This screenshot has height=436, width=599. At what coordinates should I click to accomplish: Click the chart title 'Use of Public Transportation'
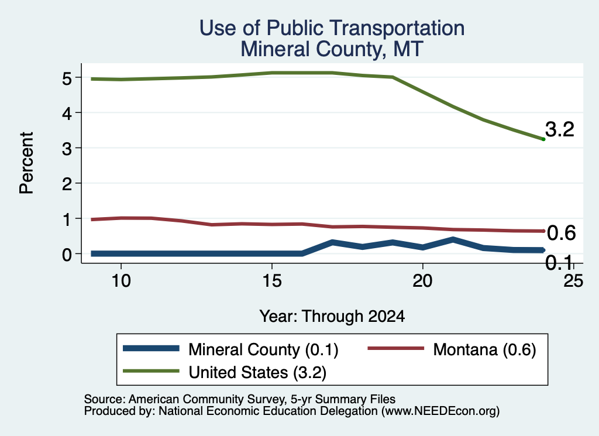[332, 28]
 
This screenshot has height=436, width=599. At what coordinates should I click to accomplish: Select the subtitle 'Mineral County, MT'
[332, 49]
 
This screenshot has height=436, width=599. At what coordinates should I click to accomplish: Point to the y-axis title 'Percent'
[27, 163]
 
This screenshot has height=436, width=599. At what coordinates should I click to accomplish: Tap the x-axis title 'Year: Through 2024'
[332, 317]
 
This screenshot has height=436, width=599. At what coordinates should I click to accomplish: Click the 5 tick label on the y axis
[67, 78]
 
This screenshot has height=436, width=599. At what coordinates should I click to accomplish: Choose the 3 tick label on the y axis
[67, 149]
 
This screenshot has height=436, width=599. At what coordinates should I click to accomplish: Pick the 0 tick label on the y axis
[67, 255]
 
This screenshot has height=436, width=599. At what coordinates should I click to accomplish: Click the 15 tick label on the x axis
[272, 281]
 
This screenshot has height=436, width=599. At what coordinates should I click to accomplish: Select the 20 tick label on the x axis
[422, 281]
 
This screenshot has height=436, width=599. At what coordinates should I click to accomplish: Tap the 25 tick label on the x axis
[573, 281]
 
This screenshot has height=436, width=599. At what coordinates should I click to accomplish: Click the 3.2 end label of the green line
[560, 129]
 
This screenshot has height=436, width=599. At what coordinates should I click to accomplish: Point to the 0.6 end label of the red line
[561, 233]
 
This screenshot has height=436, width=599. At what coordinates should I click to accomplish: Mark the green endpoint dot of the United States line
[543, 139]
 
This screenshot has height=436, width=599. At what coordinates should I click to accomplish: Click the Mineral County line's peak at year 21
[453, 240]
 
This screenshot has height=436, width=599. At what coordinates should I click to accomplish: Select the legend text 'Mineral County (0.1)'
[264, 349]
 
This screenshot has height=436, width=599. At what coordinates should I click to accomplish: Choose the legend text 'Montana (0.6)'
[485, 349]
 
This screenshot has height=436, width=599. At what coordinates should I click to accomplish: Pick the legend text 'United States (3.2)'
[257, 373]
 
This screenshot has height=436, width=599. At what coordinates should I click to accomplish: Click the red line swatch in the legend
[396, 348]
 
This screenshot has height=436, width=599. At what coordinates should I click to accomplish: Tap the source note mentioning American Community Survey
[239, 399]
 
